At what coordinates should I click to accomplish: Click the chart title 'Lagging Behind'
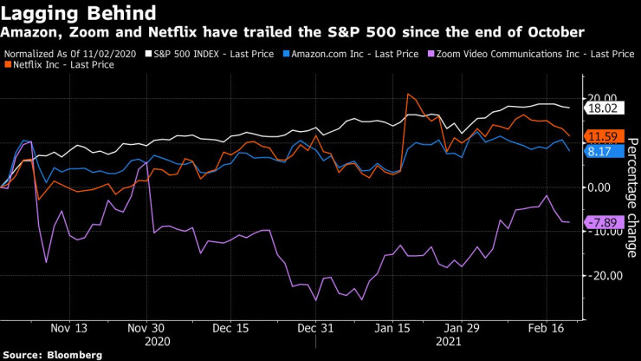click(x=79, y=13)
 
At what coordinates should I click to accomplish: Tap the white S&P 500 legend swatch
click(x=147, y=54)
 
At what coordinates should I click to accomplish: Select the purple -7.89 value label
click(x=601, y=222)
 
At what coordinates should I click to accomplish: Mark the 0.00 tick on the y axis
click(x=602, y=187)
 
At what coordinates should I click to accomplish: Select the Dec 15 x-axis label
click(x=231, y=329)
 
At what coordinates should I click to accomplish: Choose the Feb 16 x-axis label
click(x=548, y=329)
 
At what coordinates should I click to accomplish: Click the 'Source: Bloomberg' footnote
click(x=53, y=355)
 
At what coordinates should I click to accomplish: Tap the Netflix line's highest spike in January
click(x=407, y=94)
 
